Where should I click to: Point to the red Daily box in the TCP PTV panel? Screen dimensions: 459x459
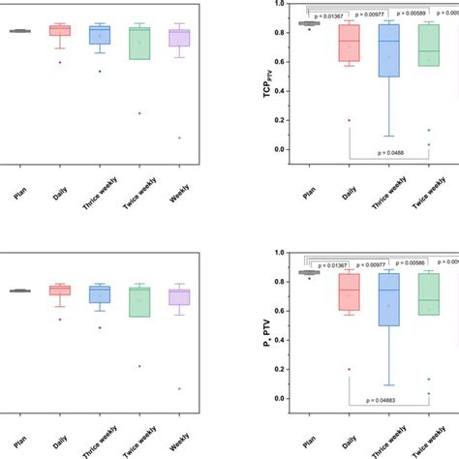point(348,45)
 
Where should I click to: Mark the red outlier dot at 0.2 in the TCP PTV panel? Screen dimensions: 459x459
point(349,120)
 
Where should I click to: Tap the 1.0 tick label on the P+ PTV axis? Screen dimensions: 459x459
point(279,254)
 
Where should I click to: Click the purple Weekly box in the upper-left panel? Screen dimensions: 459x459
point(179,38)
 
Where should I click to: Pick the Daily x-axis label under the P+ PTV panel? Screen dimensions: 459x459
point(351,440)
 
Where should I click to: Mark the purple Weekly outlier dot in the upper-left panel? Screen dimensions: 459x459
point(179,138)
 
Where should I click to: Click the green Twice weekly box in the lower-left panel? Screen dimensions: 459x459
point(139,301)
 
